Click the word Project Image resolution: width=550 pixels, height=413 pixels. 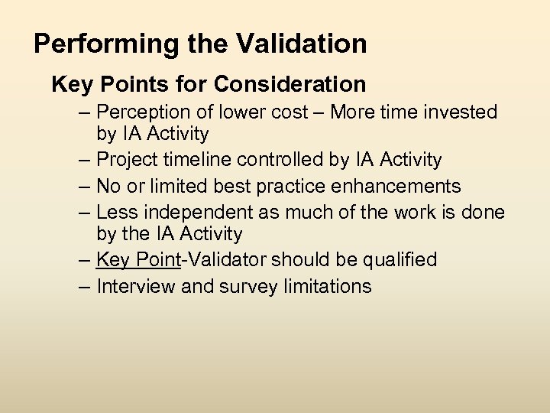click(132, 160)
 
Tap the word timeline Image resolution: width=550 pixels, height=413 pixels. click(201, 160)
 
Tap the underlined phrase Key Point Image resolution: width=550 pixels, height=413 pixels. click(138, 260)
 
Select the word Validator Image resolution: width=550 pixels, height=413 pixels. click(226, 260)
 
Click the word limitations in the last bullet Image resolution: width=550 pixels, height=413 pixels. click(326, 286)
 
